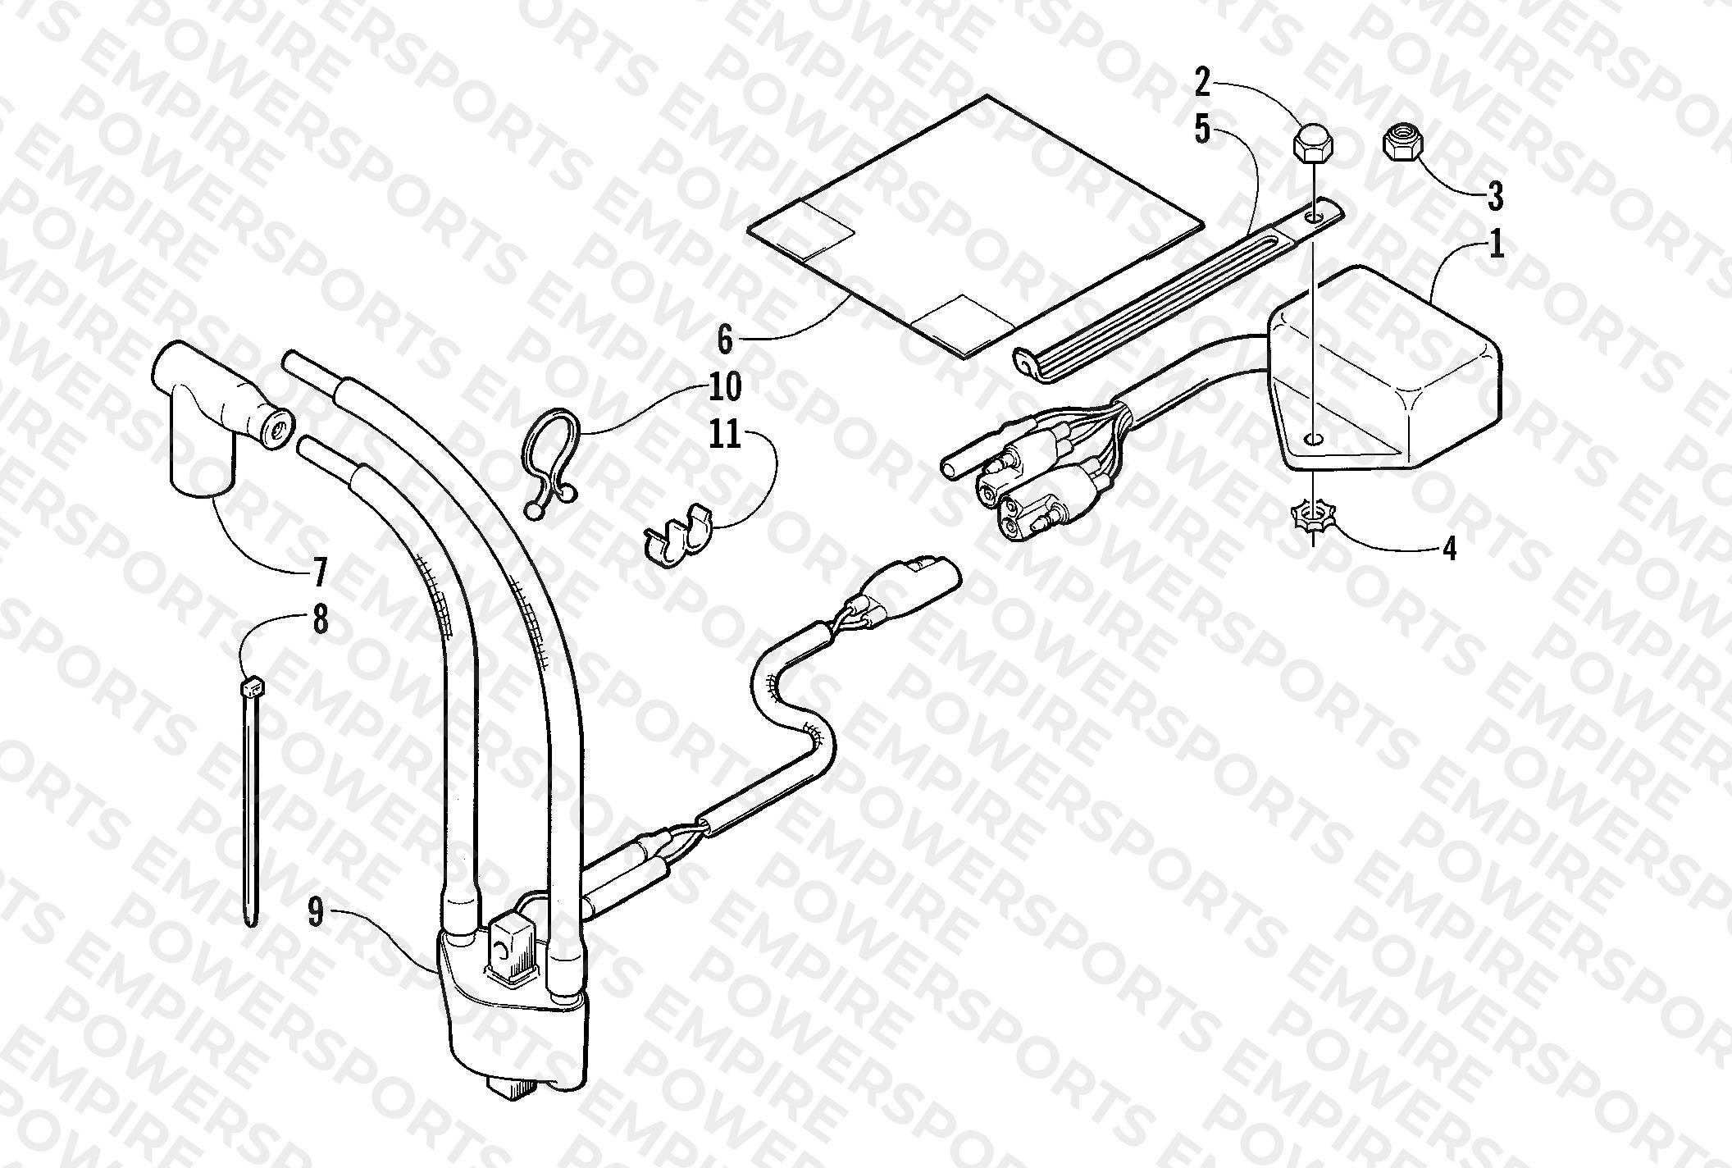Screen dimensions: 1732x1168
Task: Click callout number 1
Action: point(1497,245)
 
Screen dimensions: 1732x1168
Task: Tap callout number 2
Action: point(1201,84)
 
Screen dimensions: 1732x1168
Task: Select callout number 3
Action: point(1494,197)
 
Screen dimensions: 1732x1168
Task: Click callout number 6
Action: point(725,339)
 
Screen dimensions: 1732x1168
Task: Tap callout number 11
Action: point(724,434)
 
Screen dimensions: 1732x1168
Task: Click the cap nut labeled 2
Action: point(1313,142)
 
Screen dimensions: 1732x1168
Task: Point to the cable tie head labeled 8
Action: point(253,684)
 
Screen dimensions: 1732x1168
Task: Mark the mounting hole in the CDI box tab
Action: point(1313,440)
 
